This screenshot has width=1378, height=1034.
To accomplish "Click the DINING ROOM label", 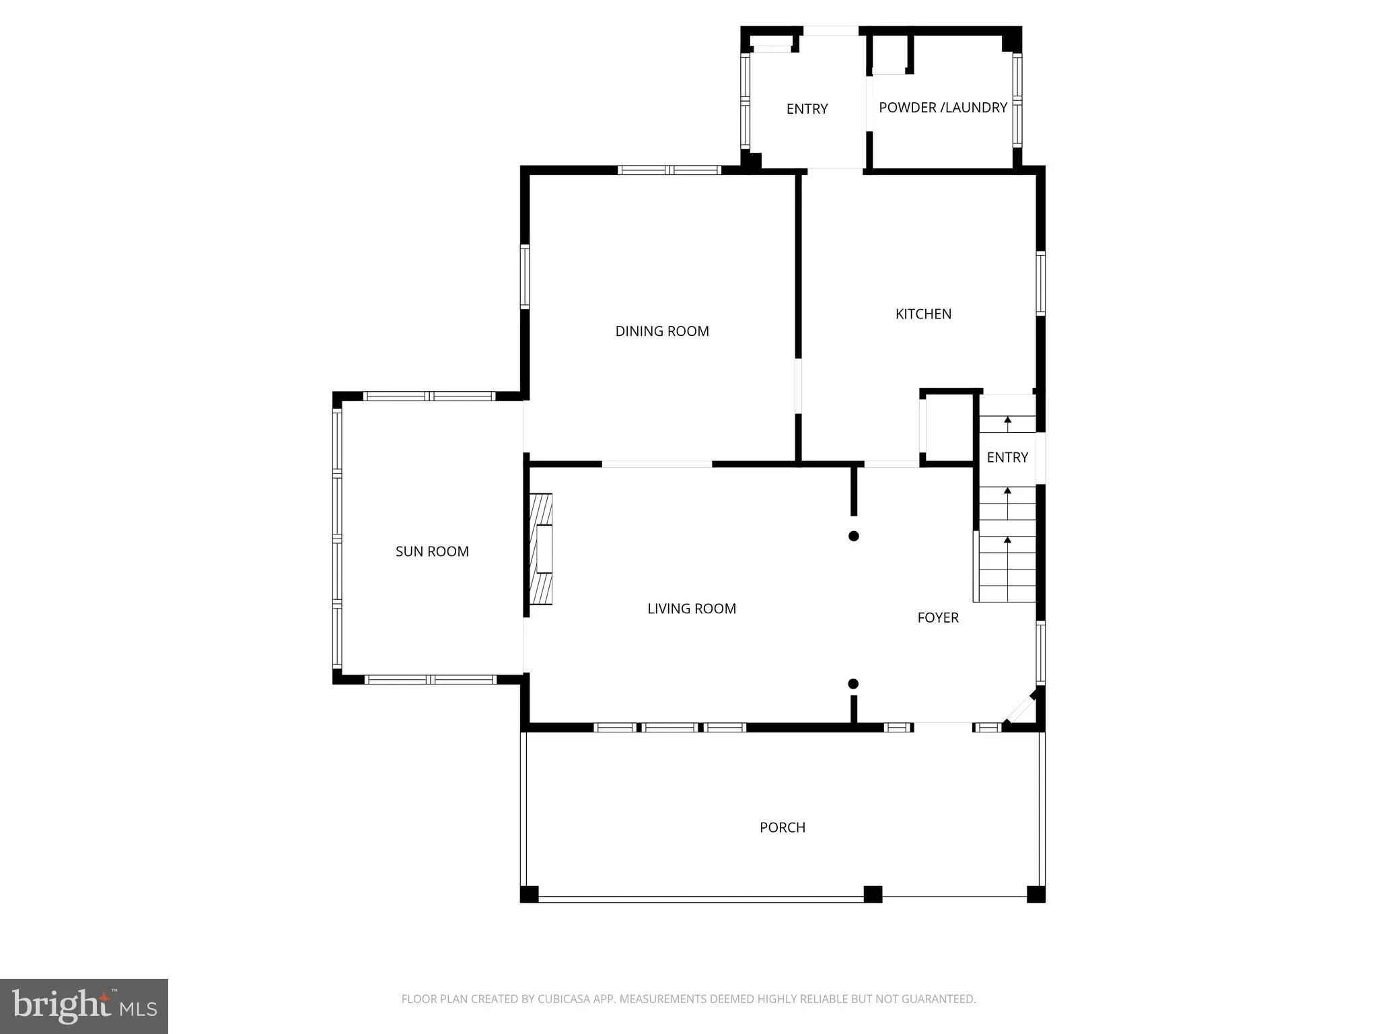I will pyautogui.click(x=662, y=331).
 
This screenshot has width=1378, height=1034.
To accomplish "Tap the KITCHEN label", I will pyautogui.click(x=923, y=314).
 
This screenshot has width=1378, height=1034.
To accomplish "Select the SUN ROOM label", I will pyautogui.click(x=432, y=551).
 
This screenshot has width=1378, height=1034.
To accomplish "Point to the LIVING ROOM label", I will pyautogui.click(x=692, y=609).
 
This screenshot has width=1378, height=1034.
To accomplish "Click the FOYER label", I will pyautogui.click(x=938, y=617).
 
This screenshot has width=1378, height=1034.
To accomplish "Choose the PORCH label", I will pyautogui.click(x=782, y=827).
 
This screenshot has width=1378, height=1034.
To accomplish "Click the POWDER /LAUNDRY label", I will pyautogui.click(x=943, y=108).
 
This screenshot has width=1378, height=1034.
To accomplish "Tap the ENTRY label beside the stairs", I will pyautogui.click(x=1007, y=458).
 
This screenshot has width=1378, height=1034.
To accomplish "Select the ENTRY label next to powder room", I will pyautogui.click(x=807, y=109).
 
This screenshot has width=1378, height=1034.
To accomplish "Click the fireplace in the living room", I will pyautogui.click(x=541, y=549).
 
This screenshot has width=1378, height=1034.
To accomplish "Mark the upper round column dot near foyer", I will pyautogui.click(x=853, y=536).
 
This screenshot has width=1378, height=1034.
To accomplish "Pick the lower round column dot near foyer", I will pyautogui.click(x=853, y=684).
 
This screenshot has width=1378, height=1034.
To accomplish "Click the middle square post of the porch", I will pyautogui.click(x=873, y=894).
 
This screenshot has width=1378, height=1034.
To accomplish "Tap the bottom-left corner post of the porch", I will pyautogui.click(x=530, y=894).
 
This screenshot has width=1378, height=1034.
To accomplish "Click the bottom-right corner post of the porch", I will pyautogui.click(x=1036, y=894).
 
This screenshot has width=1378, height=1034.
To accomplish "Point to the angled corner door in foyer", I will pyautogui.click(x=1020, y=708).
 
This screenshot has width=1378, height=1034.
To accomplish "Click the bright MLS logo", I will pyautogui.click(x=84, y=1006).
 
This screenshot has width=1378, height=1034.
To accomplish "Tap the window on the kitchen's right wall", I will pyautogui.click(x=1040, y=283).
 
